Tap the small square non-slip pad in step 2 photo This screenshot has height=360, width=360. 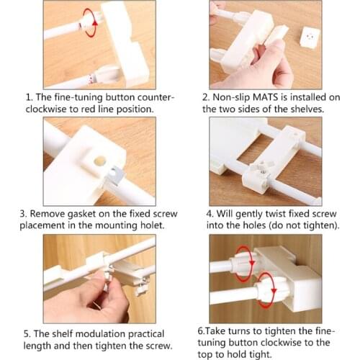pos(310,37)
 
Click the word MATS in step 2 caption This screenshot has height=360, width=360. pos(265,97)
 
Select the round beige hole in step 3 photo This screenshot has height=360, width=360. pos(100,161)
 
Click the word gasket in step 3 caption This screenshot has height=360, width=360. pos(81,214)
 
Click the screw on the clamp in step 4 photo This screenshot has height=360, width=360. pos(262,170)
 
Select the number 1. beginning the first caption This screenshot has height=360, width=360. pos(30,97)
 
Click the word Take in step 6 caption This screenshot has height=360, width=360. pos(215,331)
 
